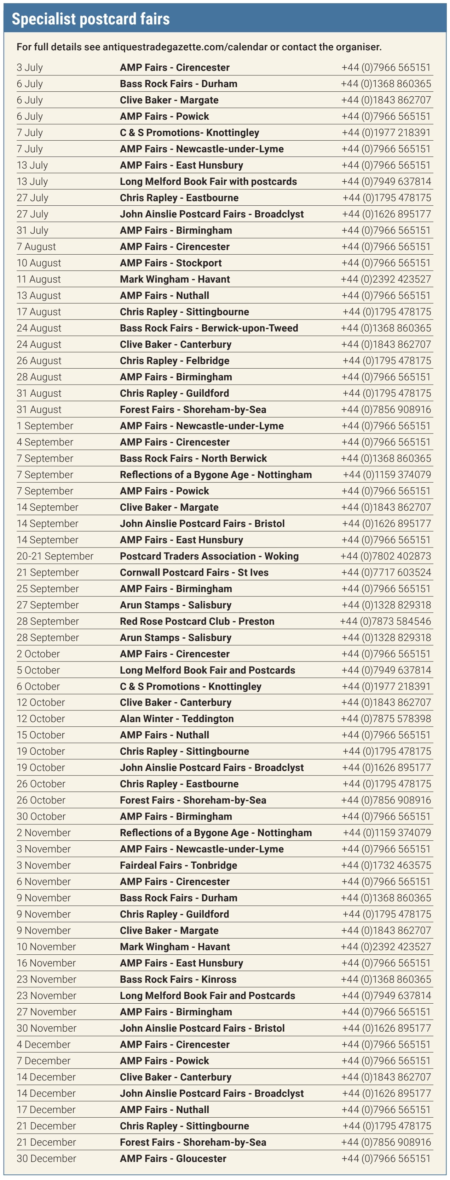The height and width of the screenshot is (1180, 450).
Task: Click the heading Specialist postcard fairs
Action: point(91,19)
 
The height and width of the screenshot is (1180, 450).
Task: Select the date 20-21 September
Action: point(55,556)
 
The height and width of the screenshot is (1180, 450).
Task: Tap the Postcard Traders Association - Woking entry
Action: point(209,556)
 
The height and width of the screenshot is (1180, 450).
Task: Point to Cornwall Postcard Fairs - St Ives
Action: point(194,572)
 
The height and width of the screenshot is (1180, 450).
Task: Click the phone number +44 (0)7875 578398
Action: point(386,719)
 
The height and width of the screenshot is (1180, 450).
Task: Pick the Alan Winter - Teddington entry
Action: point(177,719)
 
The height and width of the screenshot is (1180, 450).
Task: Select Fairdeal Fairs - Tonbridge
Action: point(179,865)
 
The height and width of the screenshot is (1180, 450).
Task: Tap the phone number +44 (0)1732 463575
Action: point(386,865)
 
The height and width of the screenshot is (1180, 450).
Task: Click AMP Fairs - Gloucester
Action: point(173,1158)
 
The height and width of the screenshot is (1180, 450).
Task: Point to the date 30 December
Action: point(46,1158)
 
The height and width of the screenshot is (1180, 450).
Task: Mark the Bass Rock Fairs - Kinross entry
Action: point(178,979)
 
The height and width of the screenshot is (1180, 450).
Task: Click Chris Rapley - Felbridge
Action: point(174,361)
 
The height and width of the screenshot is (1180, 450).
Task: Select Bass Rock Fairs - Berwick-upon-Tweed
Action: point(209,328)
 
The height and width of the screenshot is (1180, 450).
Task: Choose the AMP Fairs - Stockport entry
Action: point(171,263)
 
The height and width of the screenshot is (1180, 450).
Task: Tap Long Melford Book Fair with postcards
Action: point(208,181)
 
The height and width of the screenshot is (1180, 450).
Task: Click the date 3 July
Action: point(30,67)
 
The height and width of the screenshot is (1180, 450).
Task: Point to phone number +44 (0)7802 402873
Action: point(386,556)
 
